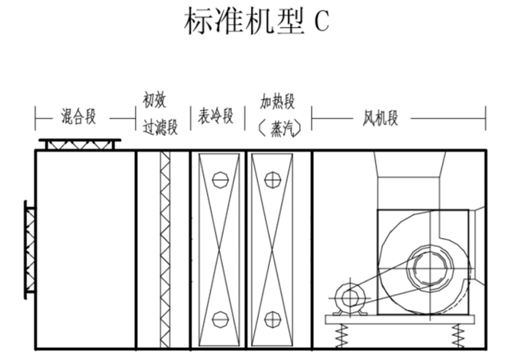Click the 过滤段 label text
(x=159, y=126)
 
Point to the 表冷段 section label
(x=217, y=118)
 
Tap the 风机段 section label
(x=381, y=119)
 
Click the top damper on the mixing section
(x=81, y=144)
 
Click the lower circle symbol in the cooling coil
(x=219, y=319)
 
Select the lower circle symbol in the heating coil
(x=272, y=319)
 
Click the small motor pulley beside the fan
(x=348, y=299)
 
